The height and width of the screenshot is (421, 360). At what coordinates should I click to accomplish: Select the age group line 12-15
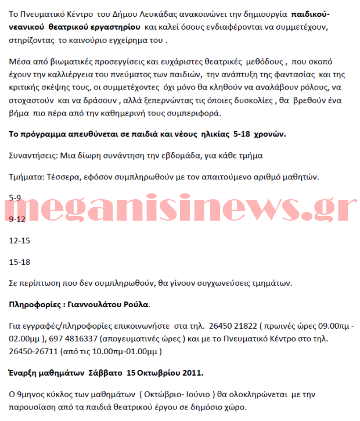pos(20,240)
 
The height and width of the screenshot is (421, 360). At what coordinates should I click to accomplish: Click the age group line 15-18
pos(20,262)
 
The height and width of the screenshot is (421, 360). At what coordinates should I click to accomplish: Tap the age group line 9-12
pos(17,220)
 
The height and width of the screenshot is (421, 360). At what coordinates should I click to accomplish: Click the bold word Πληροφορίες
pos(34,304)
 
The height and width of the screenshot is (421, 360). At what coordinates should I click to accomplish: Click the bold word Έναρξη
pos(23,372)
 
